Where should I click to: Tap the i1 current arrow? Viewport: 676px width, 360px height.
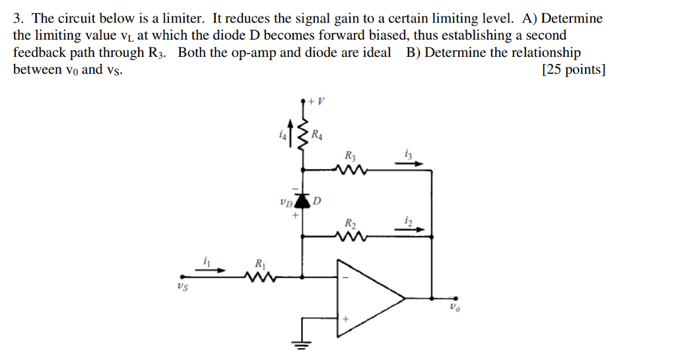[x=212, y=269]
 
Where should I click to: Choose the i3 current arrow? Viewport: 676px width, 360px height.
[x=409, y=164]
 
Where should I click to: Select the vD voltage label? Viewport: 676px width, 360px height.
[x=286, y=201]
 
